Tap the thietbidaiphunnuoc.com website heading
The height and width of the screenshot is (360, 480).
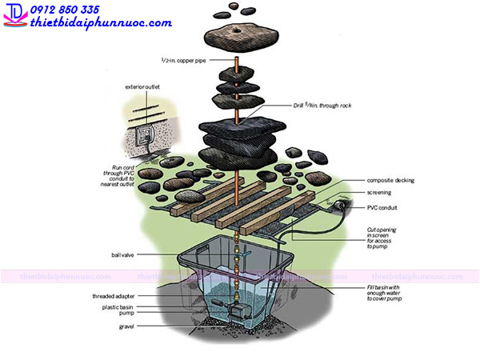(100, 22)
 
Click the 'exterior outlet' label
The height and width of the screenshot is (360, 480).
(143, 86)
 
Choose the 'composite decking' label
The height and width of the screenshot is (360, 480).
(390, 181)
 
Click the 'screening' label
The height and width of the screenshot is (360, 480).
(379, 194)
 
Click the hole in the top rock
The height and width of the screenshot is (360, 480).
(238, 32)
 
